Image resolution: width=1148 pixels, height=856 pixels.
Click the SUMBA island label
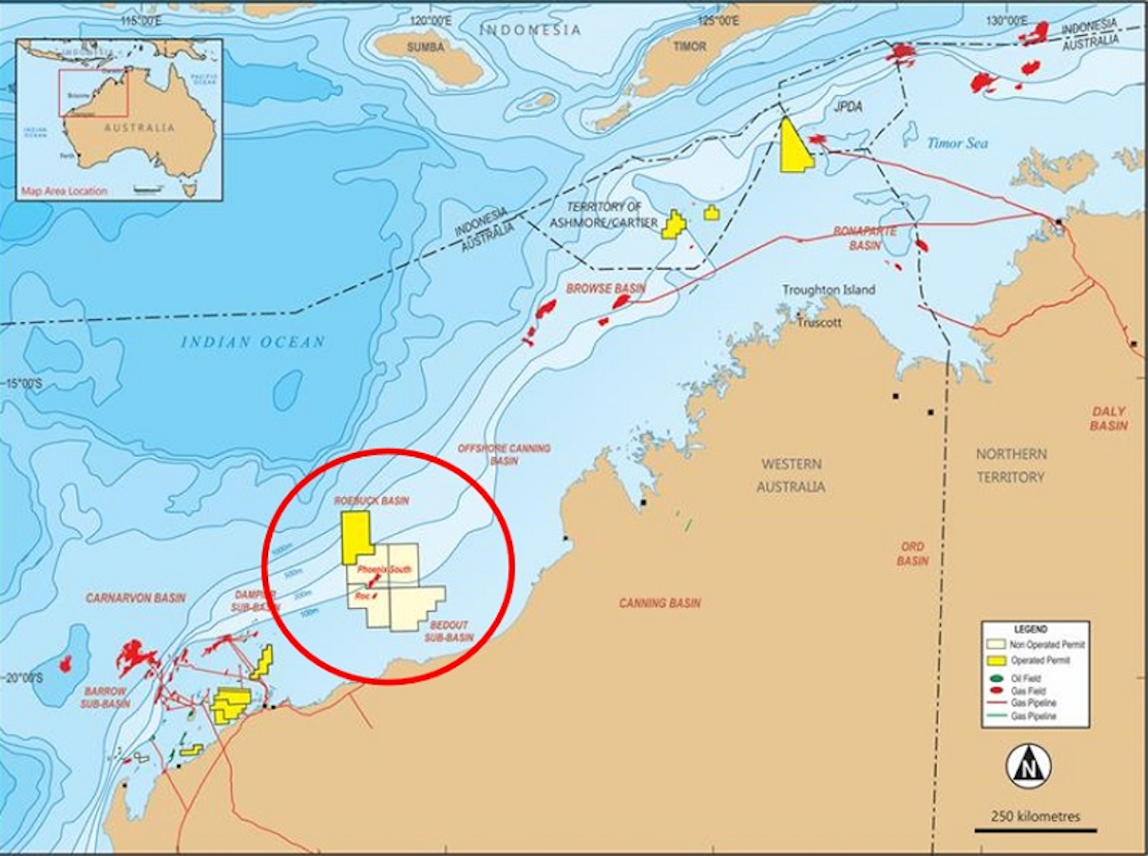(425, 47)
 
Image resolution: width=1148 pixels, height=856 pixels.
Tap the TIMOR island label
(690, 46)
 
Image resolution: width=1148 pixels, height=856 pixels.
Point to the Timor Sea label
(957, 144)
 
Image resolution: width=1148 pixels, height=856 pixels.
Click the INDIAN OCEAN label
(253, 342)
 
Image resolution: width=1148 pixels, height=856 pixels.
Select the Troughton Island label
(828, 290)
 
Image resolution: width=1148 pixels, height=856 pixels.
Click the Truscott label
(820, 322)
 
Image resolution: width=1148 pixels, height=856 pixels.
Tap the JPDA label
(848, 106)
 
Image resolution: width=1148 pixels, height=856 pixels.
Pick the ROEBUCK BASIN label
(372, 500)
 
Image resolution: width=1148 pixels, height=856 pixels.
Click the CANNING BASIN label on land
(660, 603)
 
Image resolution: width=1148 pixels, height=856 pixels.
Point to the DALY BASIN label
(1109, 418)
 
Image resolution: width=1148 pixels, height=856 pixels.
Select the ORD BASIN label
(912, 554)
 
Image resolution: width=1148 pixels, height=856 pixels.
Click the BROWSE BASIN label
(606, 288)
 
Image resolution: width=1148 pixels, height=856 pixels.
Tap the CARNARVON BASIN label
(136, 598)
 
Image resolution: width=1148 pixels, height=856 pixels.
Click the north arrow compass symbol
(1028, 766)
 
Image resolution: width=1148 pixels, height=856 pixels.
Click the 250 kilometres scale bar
(1035, 830)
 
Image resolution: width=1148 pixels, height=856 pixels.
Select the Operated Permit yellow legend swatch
(996, 661)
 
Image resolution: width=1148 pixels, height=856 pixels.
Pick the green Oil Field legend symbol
(995, 679)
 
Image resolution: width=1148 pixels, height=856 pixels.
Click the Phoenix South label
(384, 570)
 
